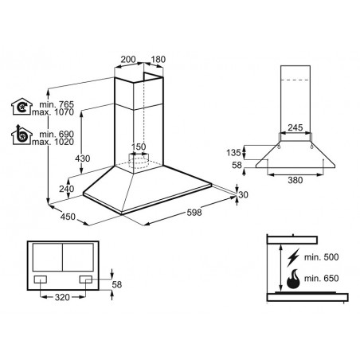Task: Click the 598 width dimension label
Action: coord(194,213)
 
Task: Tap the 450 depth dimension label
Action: coord(68,217)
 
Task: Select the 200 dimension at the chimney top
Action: coord(128,59)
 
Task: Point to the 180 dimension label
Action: coord(158,59)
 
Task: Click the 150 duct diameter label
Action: coord(139,147)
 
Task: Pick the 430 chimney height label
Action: coord(83,158)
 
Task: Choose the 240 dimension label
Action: coord(67,189)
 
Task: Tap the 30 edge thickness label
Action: coord(243,194)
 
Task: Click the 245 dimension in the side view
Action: coord(295,127)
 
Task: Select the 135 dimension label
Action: coord(233,153)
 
